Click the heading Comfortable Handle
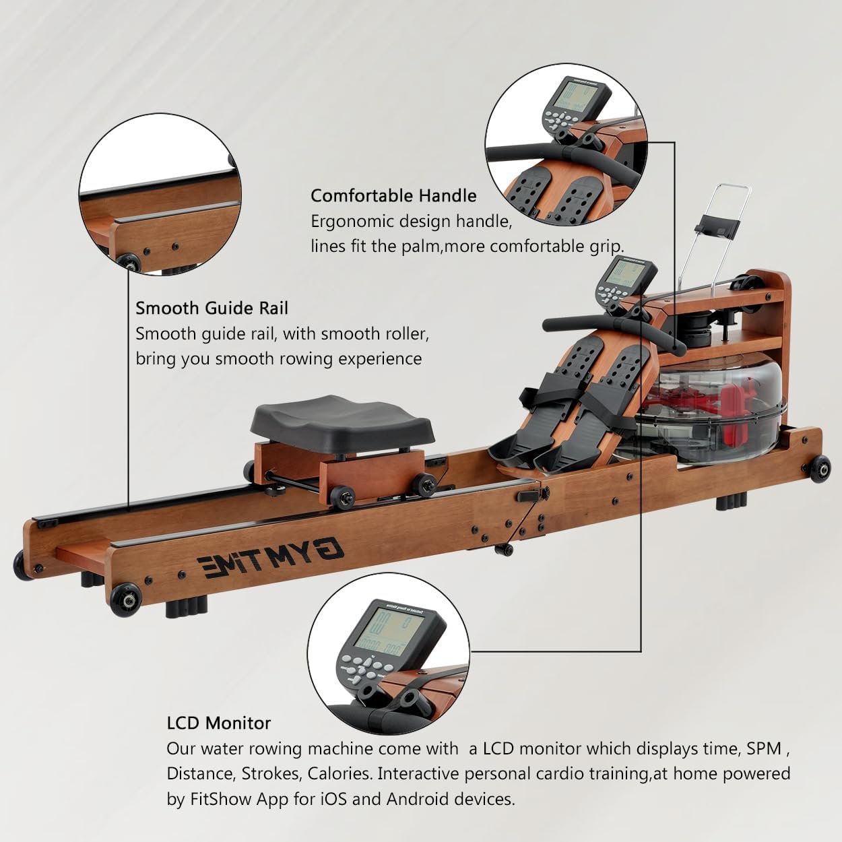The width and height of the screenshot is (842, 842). [393, 195]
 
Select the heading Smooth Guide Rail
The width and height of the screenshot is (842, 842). [212, 308]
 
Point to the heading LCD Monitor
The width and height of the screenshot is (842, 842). [219, 723]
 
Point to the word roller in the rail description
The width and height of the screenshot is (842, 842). [401, 333]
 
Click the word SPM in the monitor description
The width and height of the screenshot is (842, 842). [764, 748]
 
